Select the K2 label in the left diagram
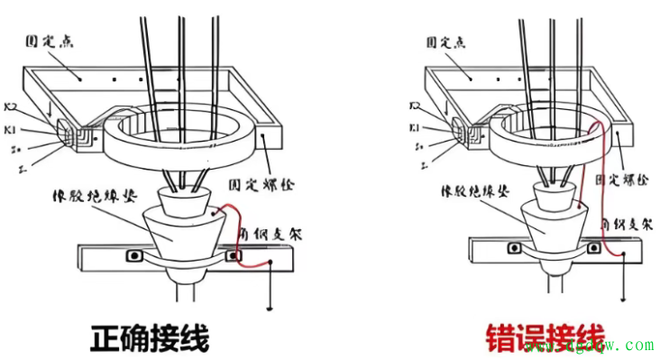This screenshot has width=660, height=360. [x=13, y=107]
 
